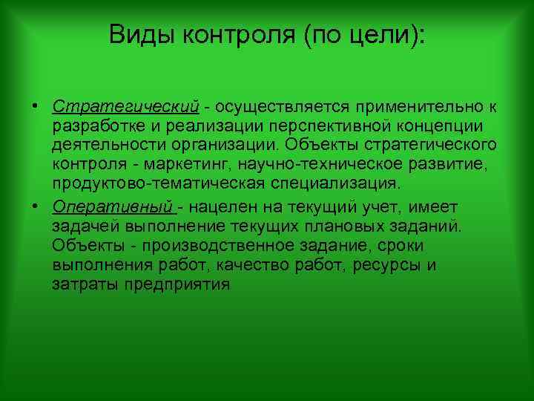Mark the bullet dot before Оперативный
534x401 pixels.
tap(35, 206)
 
